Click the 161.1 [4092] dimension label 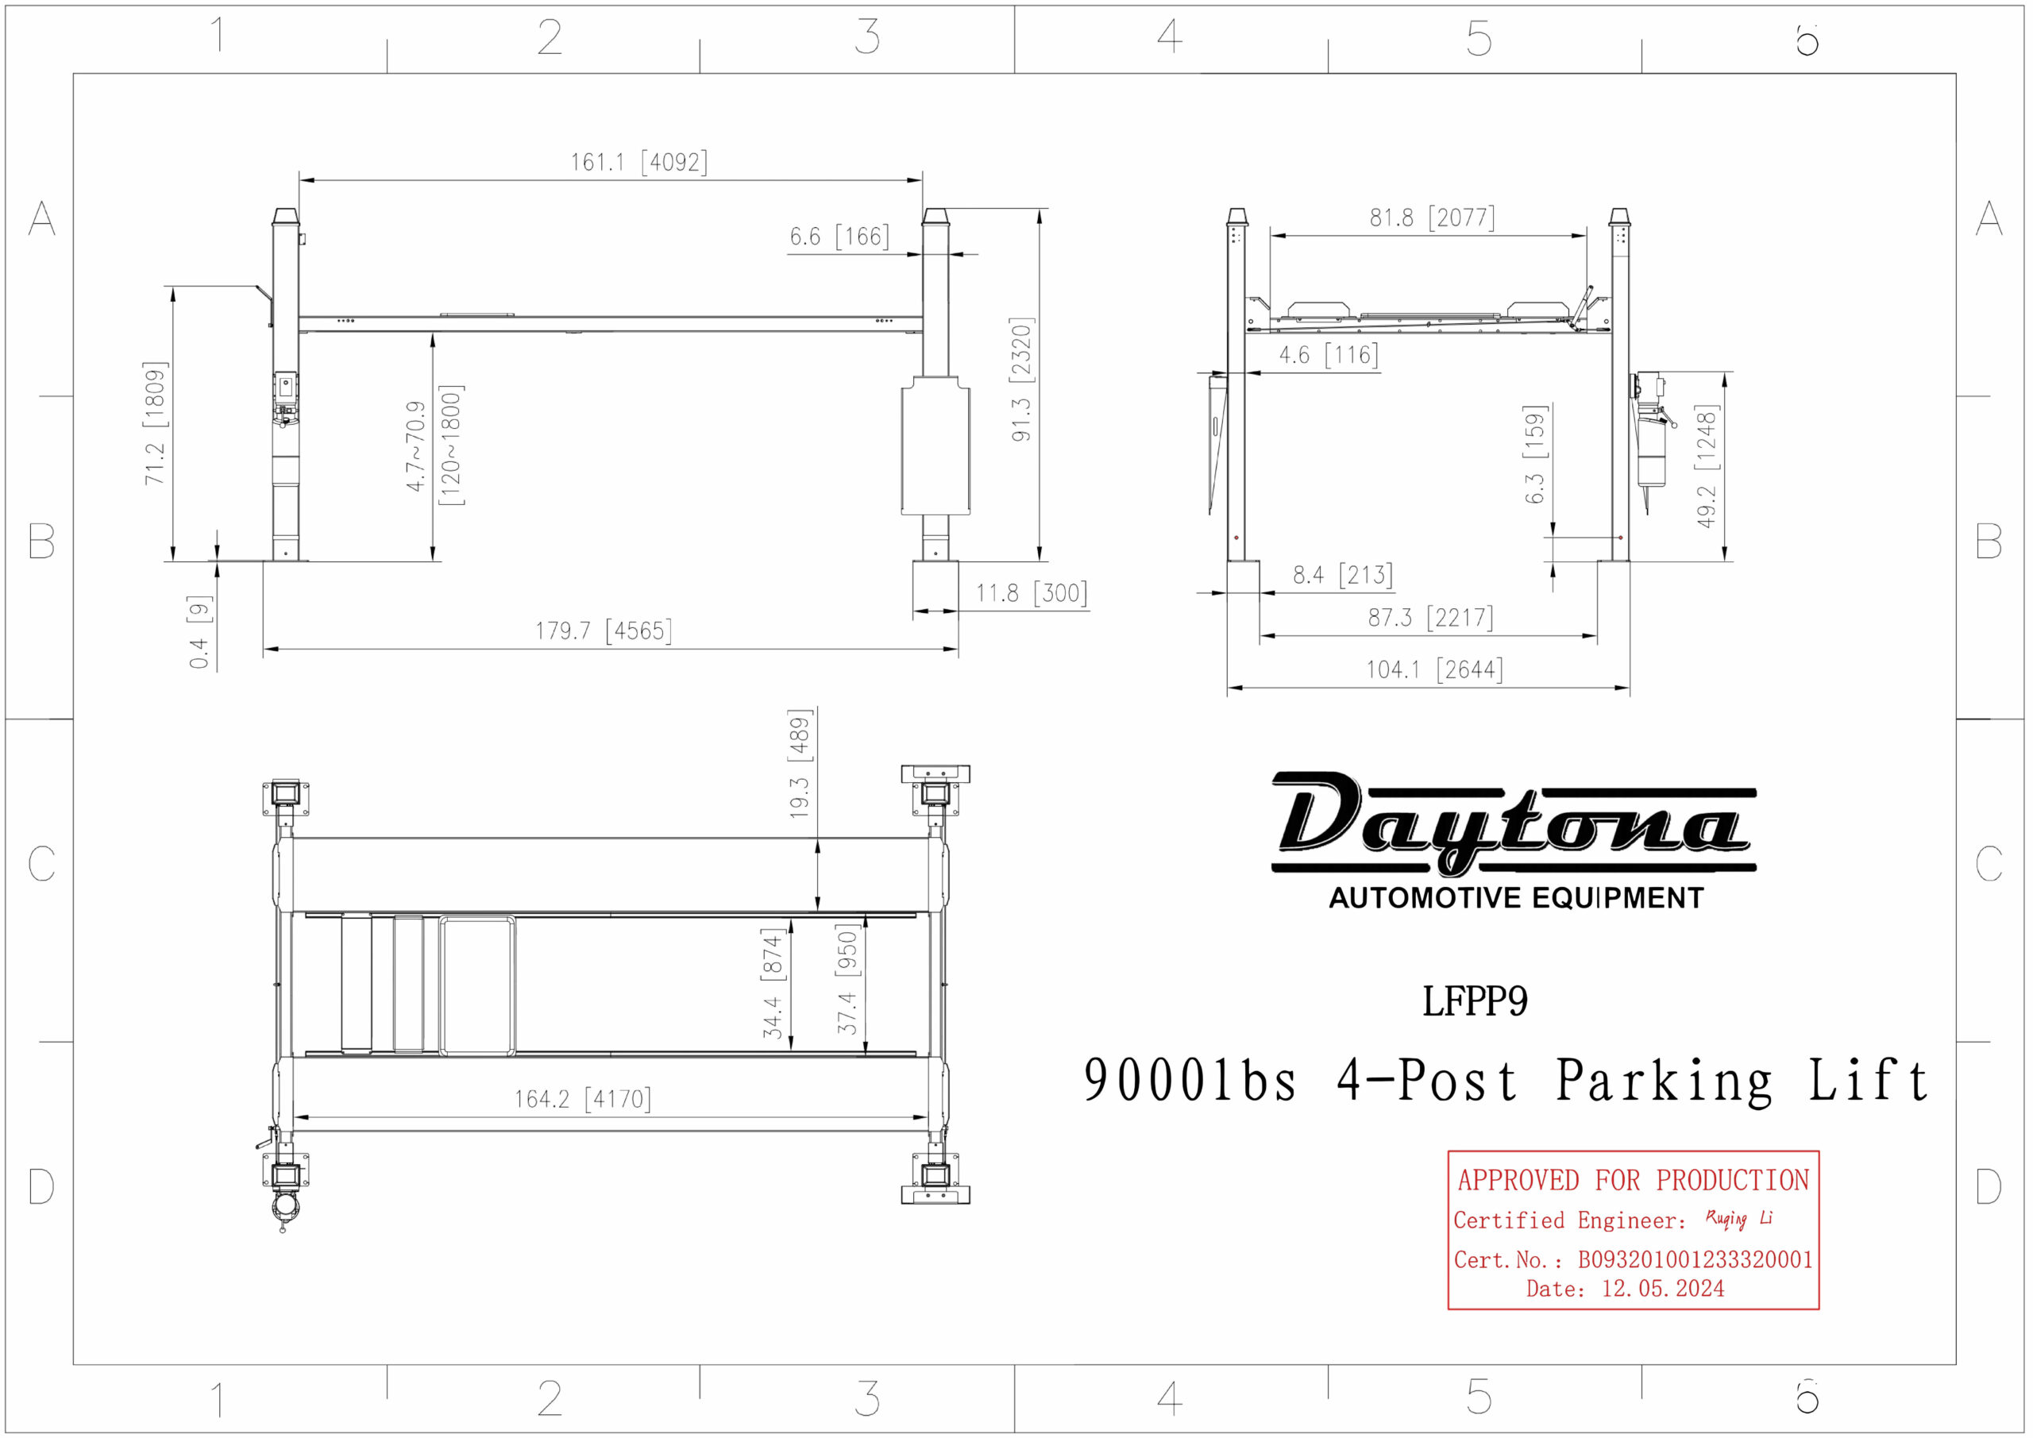[x=638, y=162]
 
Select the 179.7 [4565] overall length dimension [x=603, y=630]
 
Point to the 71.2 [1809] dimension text [x=155, y=423]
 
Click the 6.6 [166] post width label [x=839, y=237]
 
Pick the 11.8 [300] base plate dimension [x=1032, y=592]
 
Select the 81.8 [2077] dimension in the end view [x=1432, y=217]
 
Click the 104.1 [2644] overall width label [x=1433, y=669]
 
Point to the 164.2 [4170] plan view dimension [x=583, y=1099]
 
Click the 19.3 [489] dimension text [x=800, y=763]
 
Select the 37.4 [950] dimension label [x=847, y=979]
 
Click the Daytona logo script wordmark [x=1512, y=823]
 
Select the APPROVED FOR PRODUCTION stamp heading [x=1633, y=1180]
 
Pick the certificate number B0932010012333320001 [x=1695, y=1259]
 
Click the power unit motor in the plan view [x=284, y=1207]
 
